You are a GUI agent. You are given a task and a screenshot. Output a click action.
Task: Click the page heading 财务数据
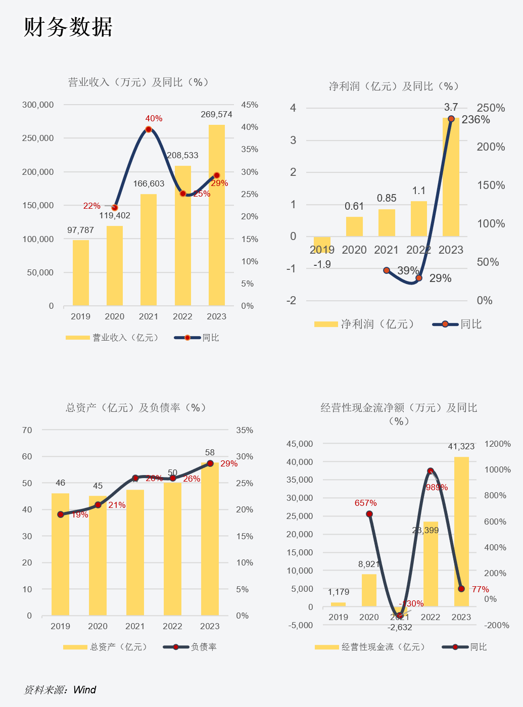(68, 27)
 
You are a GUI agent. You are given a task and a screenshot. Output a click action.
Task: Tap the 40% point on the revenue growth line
(149, 129)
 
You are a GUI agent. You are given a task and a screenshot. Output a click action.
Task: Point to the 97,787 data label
(80, 230)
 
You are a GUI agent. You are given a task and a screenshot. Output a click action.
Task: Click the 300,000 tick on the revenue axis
(38, 105)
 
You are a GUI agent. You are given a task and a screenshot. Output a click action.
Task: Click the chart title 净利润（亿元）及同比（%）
(394, 86)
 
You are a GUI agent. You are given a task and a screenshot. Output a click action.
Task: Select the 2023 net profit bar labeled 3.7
(451, 177)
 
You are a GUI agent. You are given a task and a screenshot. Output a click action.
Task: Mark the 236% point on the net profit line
(451, 119)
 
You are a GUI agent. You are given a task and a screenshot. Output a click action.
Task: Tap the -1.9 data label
(322, 264)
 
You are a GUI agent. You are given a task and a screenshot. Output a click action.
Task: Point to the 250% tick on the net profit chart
(491, 108)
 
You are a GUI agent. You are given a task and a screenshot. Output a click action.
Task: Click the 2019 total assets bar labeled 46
(61, 554)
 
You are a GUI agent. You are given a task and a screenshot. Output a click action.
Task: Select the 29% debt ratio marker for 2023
(210, 463)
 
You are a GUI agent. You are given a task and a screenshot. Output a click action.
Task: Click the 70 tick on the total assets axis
(27, 430)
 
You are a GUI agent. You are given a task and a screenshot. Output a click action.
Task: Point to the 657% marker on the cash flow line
(369, 514)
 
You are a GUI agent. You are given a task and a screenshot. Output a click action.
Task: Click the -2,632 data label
(400, 627)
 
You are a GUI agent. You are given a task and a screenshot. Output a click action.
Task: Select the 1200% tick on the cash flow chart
(497, 444)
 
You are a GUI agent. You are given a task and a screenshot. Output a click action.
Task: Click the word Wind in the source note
(84, 690)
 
